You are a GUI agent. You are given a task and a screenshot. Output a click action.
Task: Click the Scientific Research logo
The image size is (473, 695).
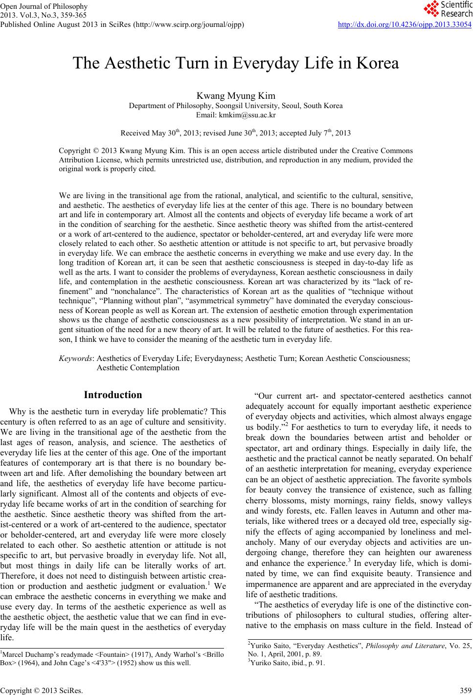click(448, 8)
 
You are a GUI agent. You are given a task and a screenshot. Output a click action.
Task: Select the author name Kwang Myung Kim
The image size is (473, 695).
click(236, 96)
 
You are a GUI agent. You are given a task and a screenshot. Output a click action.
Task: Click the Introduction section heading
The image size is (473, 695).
click(113, 395)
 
